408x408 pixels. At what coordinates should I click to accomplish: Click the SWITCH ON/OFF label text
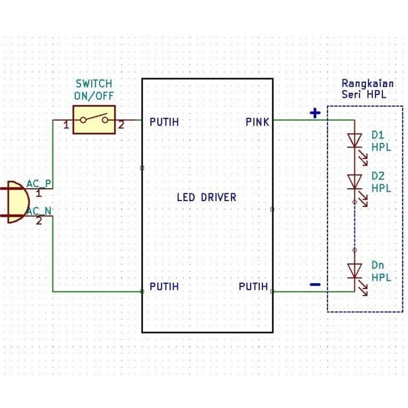pos(94,90)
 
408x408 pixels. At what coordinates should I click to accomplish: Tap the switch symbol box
pos(94,120)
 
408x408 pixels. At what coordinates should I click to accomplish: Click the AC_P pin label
pos(39,184)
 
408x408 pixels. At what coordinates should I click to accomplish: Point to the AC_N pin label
pos(39,210)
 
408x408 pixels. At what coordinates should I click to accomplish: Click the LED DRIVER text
pos(207,197)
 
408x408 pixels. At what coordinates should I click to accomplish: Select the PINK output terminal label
pos(257,122)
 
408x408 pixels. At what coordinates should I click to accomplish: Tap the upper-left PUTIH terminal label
pos(164,122)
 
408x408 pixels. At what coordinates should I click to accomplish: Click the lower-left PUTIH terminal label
pos(164,287)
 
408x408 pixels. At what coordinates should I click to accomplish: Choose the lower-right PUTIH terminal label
pos(254,287)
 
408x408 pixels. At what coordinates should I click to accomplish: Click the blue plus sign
pos(315,113)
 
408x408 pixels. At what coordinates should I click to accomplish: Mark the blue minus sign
pos(315,284)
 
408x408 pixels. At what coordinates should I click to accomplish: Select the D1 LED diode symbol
pos(355,140)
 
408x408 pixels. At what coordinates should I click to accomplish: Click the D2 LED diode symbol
pos(355,182)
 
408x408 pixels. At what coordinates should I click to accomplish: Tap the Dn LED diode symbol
pos(355,270)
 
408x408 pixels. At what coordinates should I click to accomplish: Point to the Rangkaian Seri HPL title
pos(367,89)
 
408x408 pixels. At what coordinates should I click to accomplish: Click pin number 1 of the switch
pos(66,125)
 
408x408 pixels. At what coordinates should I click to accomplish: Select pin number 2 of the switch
pos(121,125)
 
